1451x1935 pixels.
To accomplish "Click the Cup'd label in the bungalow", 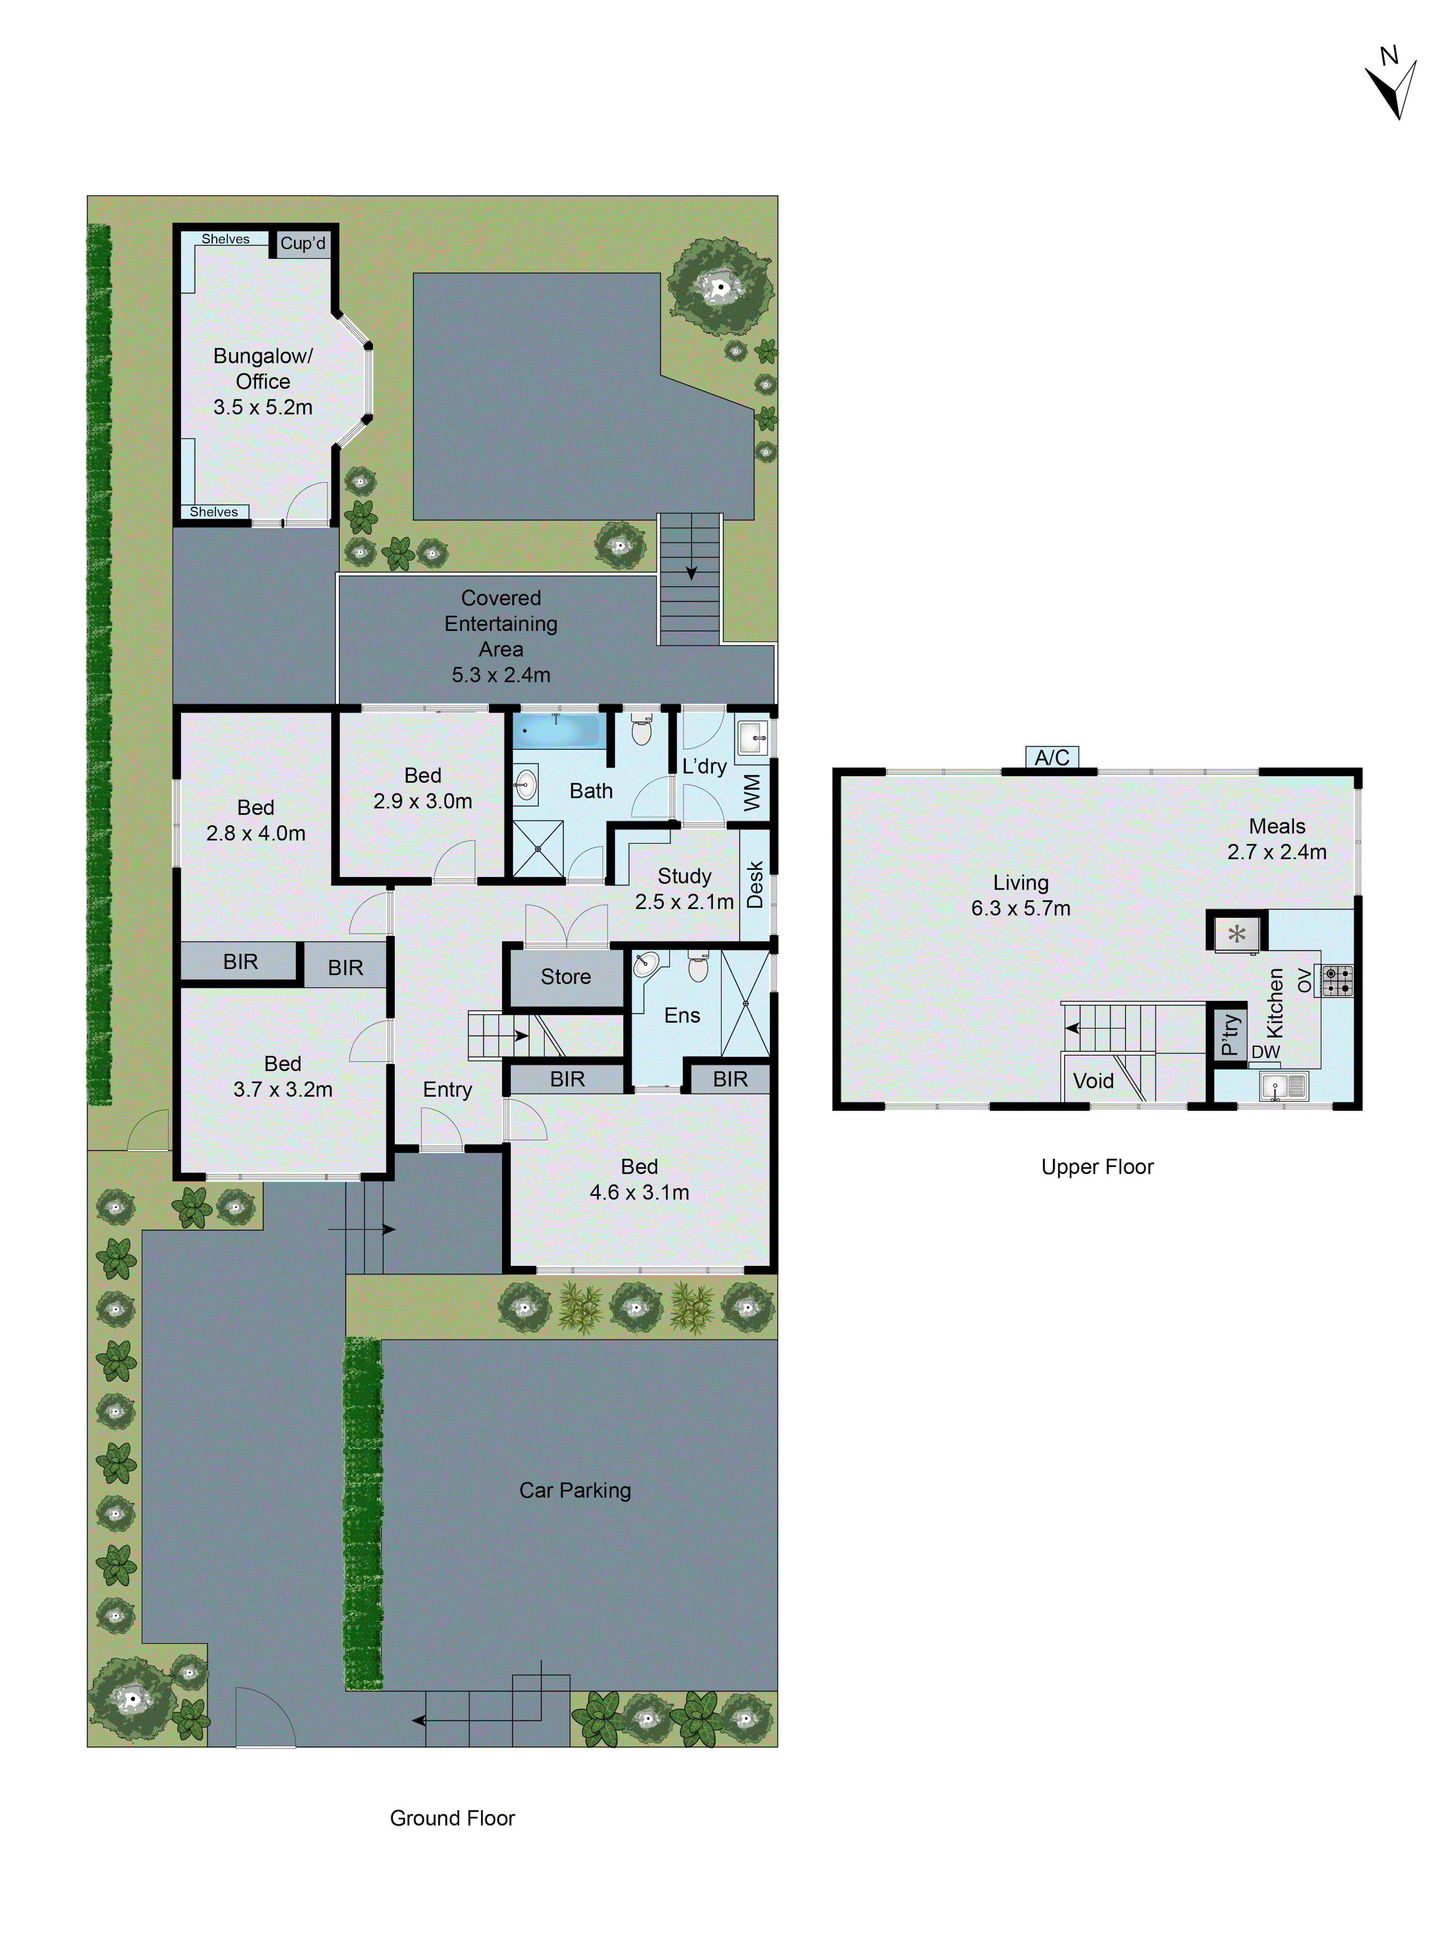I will click(303, 243).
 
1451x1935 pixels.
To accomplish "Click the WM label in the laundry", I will click(752, 792).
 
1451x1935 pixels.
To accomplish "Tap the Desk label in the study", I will click(755, 884).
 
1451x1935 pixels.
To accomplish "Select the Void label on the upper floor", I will click(1093, 1081).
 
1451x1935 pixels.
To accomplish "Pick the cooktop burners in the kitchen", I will click(1336, 981).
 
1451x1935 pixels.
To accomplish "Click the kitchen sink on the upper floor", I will click(1283, 1087).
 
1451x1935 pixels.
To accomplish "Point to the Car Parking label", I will click(575, 1490).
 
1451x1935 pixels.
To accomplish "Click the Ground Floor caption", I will click(452, 1818).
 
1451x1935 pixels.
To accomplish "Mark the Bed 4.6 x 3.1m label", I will click(639, 1179).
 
